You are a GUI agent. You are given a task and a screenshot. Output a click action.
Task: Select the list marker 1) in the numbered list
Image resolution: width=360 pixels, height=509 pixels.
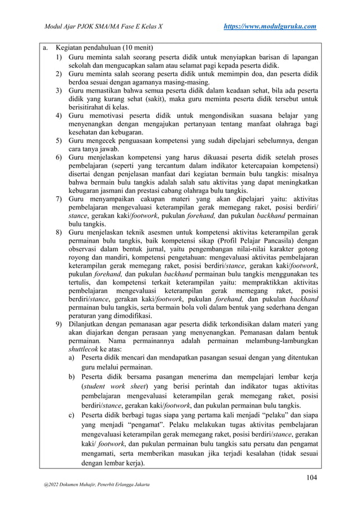59,58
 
